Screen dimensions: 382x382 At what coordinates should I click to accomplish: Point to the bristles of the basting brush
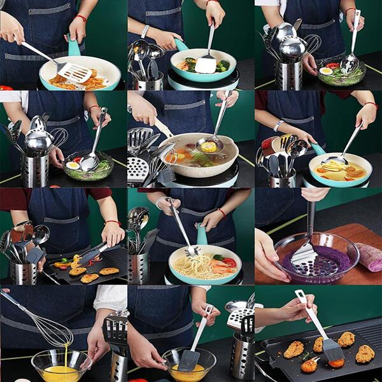pyautogui.click(x=333, y=349)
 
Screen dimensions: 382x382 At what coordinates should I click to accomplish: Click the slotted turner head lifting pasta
pyautogui.click(x=73, y=71)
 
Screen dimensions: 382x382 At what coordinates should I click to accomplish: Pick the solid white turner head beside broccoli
pyautogui.click(x=205, y=64)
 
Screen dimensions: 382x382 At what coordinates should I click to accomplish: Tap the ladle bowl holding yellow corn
pyautogui.click(x=208, y=146)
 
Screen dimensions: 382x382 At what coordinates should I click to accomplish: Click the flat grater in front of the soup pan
pyautogui.click(x=138, y=171)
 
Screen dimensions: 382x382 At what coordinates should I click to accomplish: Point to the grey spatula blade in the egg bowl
pyautogui.click(x=188, y=360)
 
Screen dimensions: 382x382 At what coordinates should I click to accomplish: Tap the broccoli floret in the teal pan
pyautogui.click(x=221, y=66)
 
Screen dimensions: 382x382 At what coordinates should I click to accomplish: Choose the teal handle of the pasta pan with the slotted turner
pyautogui.click(x=74, y=47)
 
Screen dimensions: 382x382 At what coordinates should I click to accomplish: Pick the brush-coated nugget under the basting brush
pyautogui.click(x=336, y=364)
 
